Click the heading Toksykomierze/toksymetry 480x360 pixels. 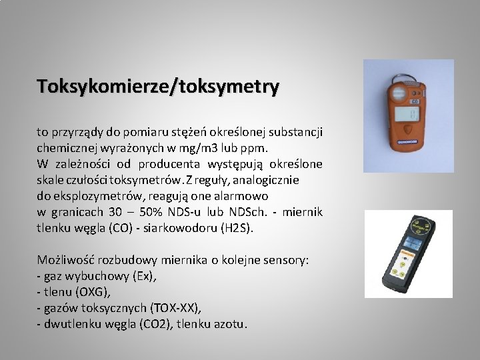pos(158,87)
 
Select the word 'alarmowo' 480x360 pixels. pos(244,196)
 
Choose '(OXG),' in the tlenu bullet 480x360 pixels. pos(93,292)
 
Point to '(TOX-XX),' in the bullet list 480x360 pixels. pos(175,308)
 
